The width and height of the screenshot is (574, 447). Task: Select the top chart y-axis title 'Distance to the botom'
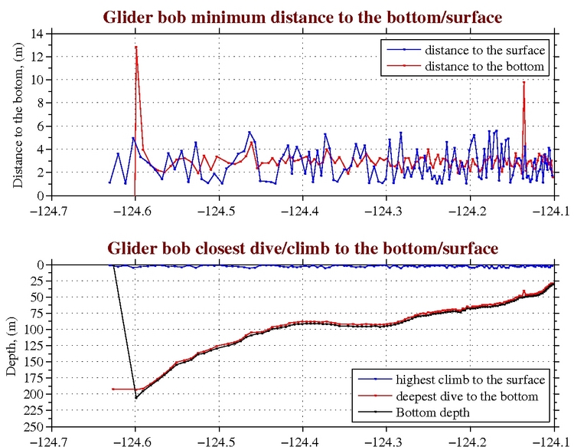17,115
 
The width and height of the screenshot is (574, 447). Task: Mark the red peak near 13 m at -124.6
136,47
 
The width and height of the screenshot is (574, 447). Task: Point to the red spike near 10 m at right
523,82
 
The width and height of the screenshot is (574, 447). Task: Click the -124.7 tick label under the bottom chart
51,441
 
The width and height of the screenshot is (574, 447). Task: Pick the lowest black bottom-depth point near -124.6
136,397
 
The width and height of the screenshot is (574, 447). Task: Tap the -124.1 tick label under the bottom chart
553,441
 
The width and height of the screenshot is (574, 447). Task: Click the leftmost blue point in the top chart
110,182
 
